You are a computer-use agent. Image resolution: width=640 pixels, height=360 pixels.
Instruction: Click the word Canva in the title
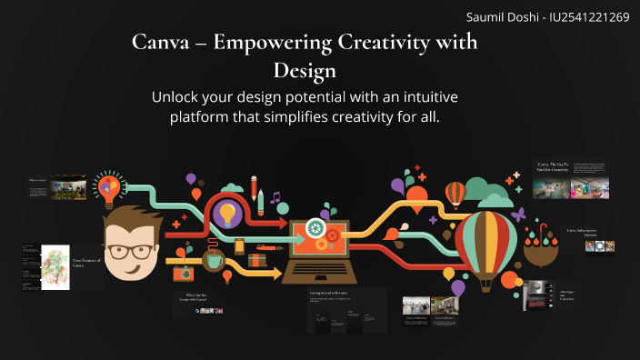[160, 43]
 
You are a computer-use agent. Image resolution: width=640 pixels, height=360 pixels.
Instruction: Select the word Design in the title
[305, 70]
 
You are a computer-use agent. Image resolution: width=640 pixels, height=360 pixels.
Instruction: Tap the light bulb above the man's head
[109, 187]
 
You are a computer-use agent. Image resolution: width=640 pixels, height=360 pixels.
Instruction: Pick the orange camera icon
[185, 272]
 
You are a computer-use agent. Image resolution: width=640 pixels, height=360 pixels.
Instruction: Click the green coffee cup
[214, 261]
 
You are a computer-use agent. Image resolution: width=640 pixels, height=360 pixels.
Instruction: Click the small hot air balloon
[455, 194]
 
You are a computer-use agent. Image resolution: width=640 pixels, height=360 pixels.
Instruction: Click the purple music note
[275, 196]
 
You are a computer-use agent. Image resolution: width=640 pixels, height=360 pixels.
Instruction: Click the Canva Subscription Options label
[588, 233]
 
